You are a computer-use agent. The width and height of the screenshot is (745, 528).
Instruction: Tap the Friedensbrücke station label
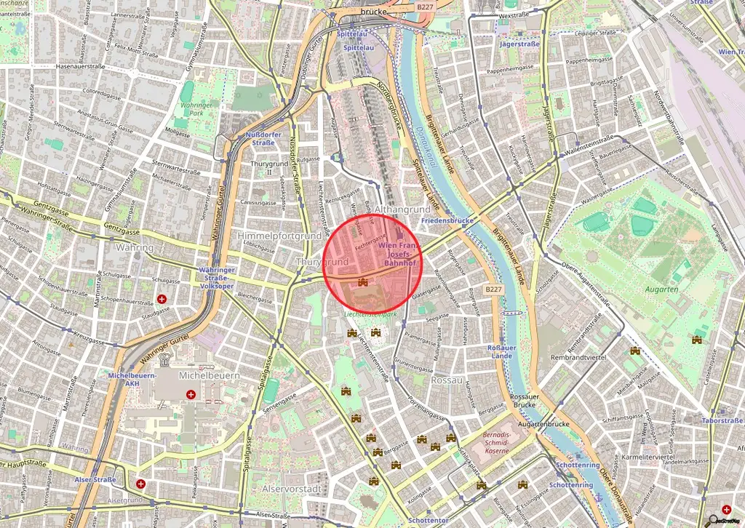point(447,220)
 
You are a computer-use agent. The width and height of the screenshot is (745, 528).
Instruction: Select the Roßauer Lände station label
point(501,352)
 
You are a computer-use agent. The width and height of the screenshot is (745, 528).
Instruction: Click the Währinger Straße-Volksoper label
point(216,277)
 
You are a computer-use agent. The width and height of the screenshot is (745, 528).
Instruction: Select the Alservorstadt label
point(291,489)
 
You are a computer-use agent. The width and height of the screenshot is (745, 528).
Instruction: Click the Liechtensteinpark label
point(370,315)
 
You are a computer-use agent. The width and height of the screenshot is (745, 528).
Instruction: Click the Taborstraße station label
point(721,420)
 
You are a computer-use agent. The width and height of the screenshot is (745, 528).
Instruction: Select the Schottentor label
point(427,521)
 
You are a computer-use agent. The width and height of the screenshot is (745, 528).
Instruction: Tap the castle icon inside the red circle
point(362,281)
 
